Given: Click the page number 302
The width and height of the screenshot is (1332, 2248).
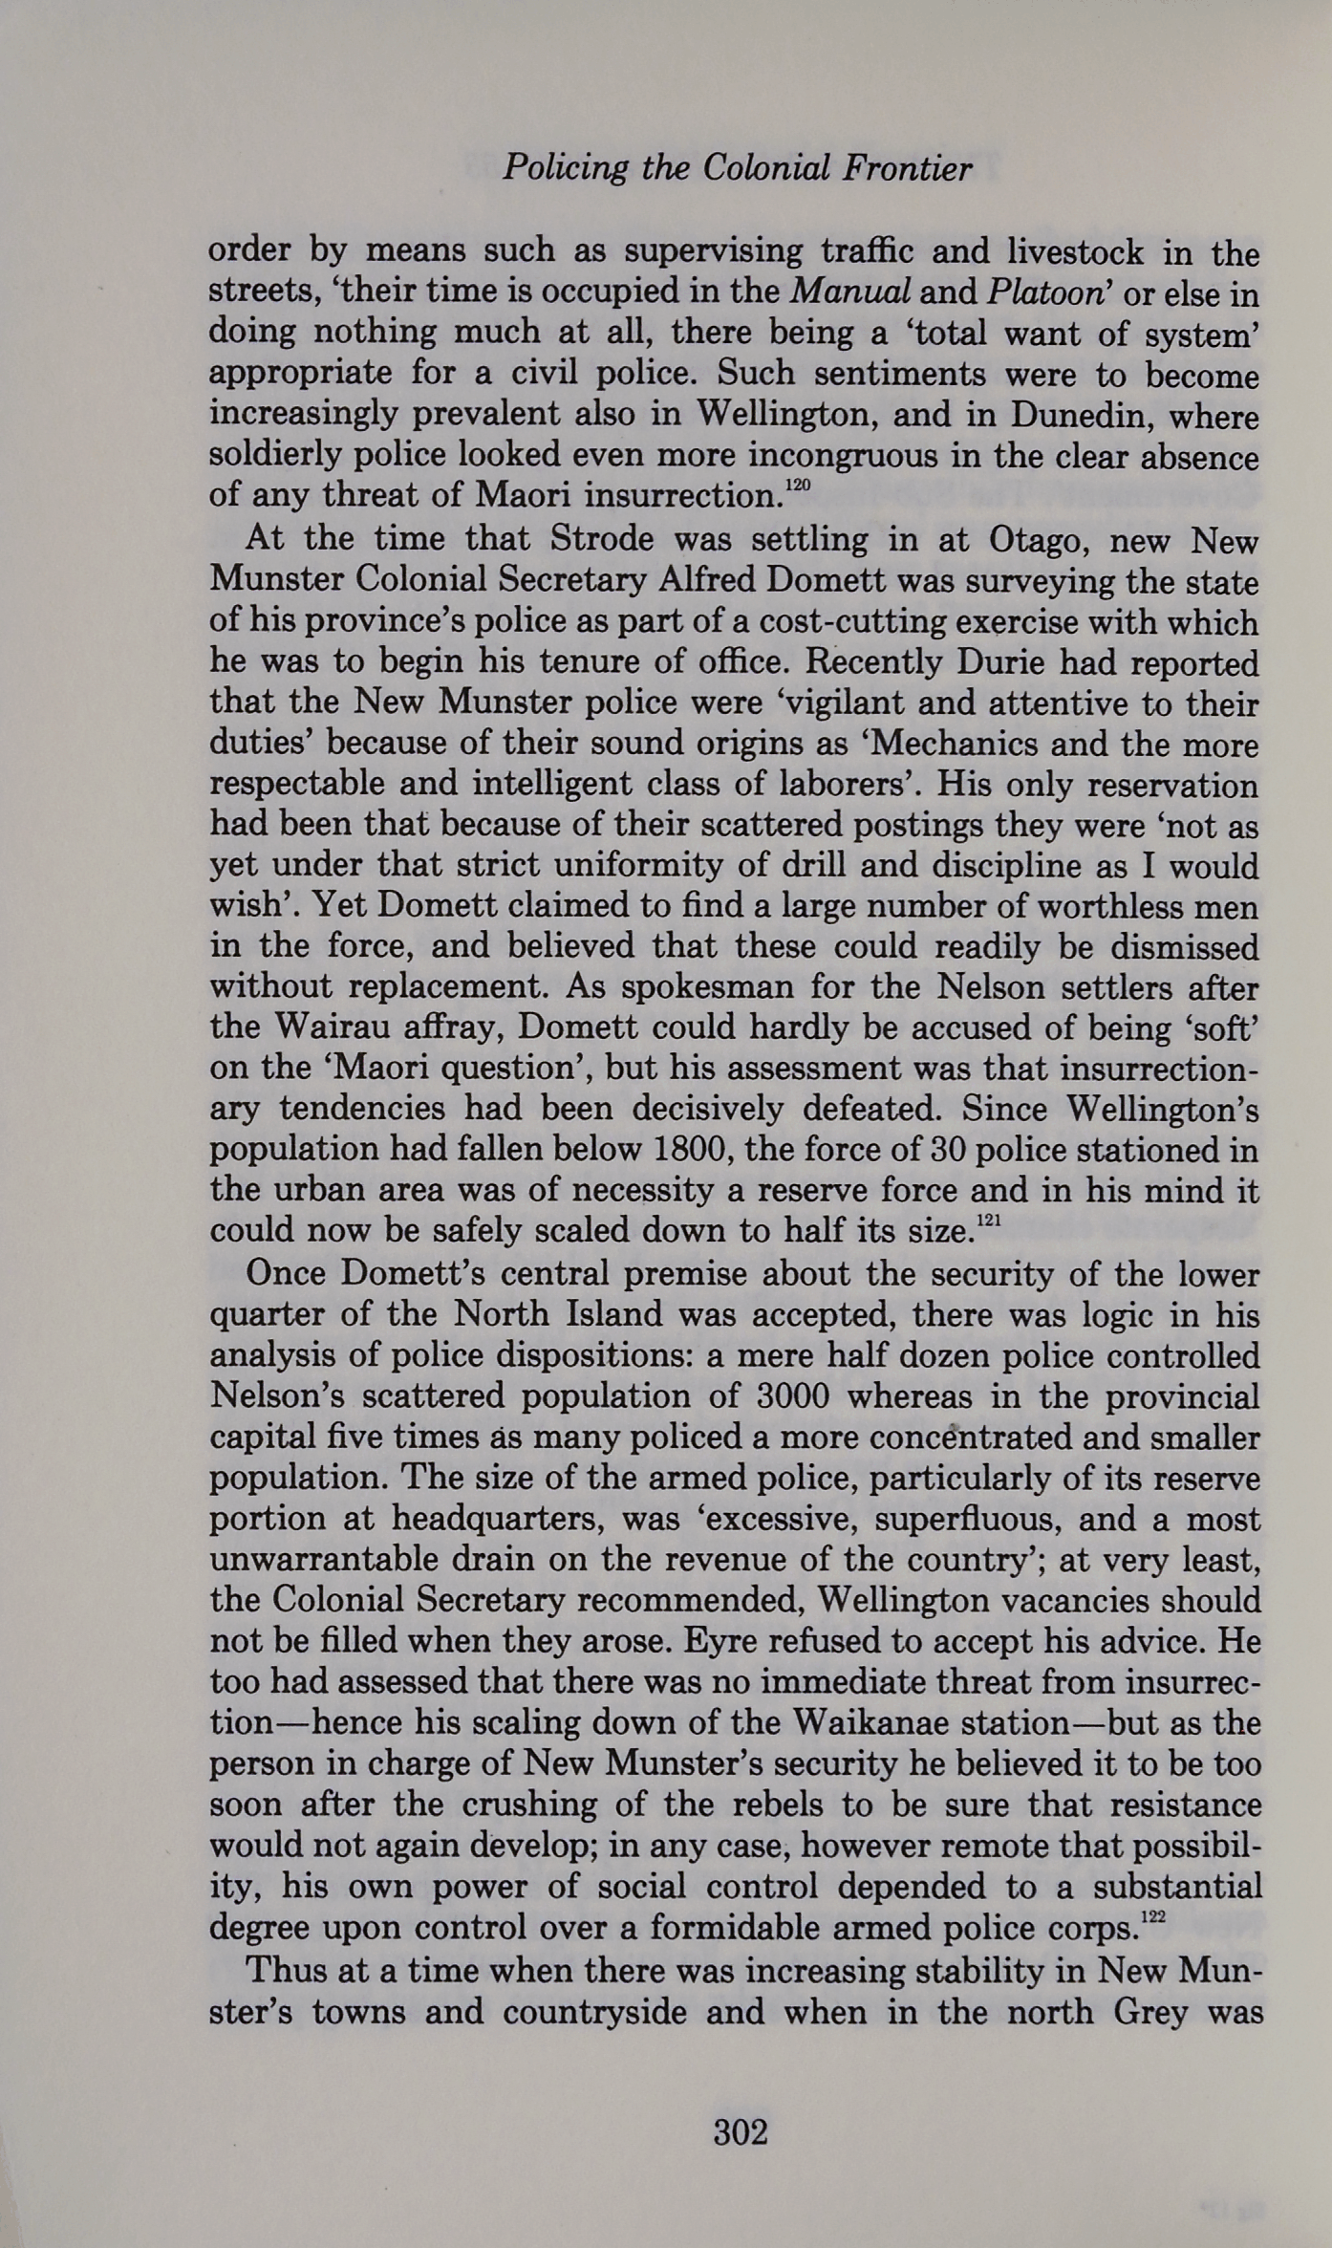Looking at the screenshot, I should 741,2132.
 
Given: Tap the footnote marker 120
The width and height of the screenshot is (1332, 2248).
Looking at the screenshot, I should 797,486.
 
